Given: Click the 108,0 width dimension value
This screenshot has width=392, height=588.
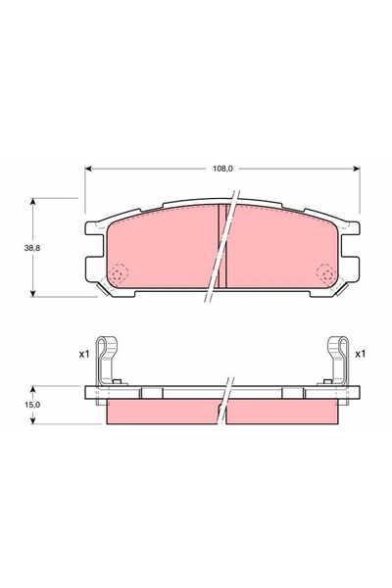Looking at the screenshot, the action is (x=222, y=169).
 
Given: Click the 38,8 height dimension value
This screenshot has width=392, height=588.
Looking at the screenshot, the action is (x=32, y=248).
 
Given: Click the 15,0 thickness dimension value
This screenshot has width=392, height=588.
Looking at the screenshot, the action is (x=32, y=405).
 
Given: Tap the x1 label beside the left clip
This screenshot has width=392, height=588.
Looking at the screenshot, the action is (x=84, y=354).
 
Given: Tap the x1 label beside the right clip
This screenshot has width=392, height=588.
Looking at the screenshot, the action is (x=360, y=354).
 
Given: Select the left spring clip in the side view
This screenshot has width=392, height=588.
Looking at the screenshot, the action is (x=108, y=361).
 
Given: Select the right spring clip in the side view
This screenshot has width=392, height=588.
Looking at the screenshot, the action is (x=336, y=361).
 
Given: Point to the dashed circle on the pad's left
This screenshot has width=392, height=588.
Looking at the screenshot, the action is (x=119, y=273).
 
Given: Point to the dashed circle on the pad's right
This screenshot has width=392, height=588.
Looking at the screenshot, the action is (x=326, y=273).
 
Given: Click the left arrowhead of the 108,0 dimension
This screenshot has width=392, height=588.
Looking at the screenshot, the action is (x=88, y=169).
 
